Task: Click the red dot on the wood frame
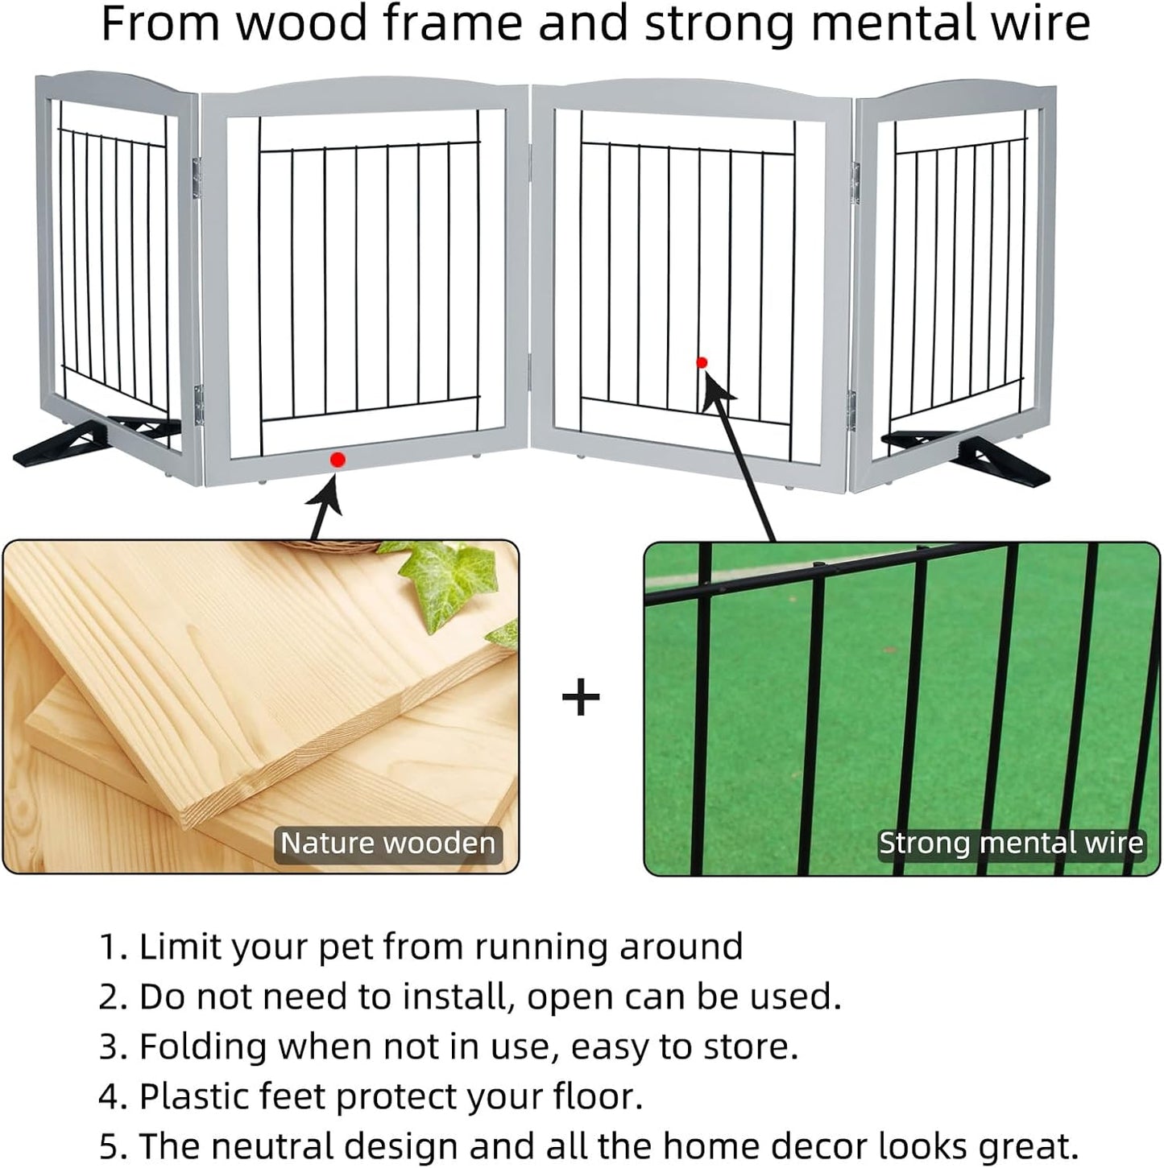tap(338, 460)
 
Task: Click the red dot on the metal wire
tap(702, 363)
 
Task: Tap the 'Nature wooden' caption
tap(387, 844)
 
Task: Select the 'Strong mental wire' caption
tap(1010, 844)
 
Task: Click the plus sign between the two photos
tap(581, 697)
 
